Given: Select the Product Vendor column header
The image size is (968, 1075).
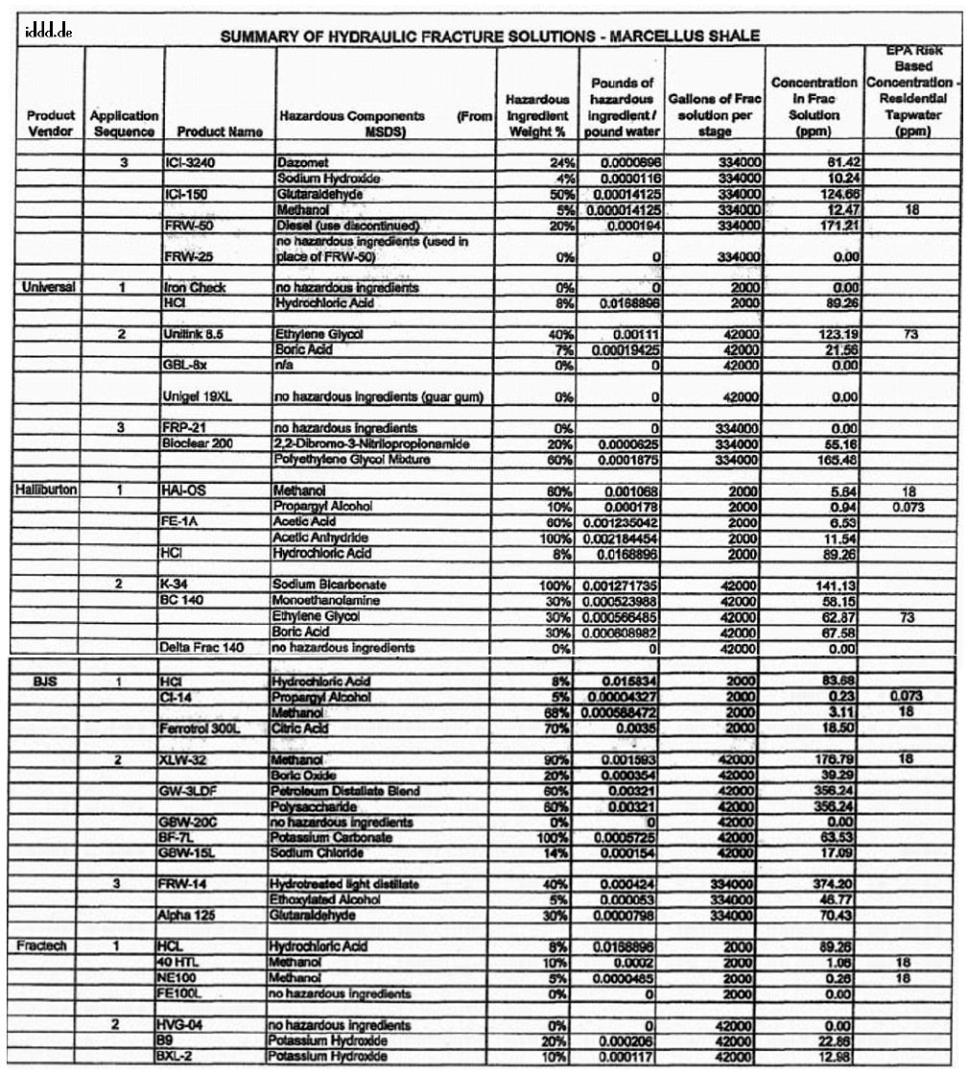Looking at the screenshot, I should [51, 123].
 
